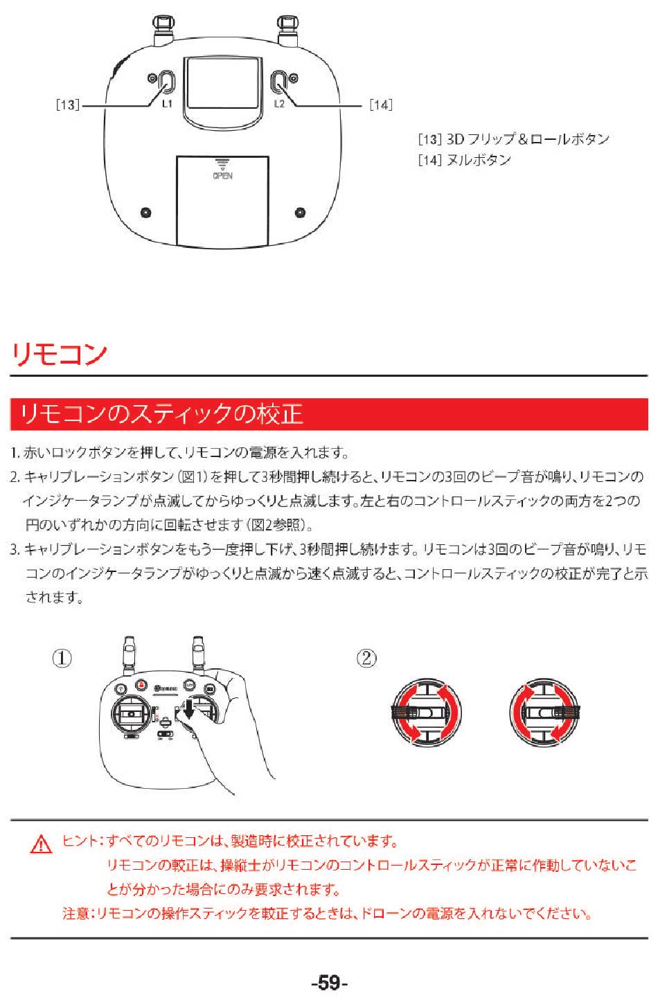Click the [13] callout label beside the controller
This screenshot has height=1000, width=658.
(67, 105)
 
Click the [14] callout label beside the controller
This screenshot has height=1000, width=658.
(381, 105)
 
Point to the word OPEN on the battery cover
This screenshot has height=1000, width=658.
(222, 175)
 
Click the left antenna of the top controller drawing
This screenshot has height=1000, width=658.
(163, 30)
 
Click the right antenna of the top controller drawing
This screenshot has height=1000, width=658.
(288, 30)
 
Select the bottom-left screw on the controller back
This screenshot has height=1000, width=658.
(145, 213)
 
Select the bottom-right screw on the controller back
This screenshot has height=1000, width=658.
(301, 213)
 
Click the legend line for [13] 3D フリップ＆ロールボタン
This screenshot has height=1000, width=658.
(513, 139)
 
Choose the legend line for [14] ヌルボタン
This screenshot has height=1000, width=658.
(464, 160)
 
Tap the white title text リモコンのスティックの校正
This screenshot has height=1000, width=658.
(161, 414)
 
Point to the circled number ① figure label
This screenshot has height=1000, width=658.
(62, 659)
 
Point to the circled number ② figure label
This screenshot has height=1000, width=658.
(366, 659)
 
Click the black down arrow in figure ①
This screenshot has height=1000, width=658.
(189, 709)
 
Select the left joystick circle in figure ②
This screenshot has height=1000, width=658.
(427, 713)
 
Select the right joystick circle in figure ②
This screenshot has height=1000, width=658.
(544, 713)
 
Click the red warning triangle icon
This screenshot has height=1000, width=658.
(41, 844)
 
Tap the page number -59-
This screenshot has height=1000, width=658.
(330, 983)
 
